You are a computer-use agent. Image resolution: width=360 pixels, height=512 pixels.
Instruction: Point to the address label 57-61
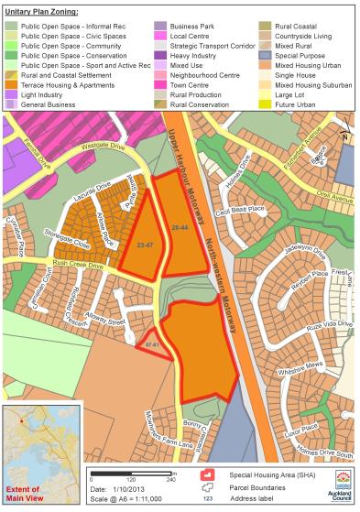(153, 344)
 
